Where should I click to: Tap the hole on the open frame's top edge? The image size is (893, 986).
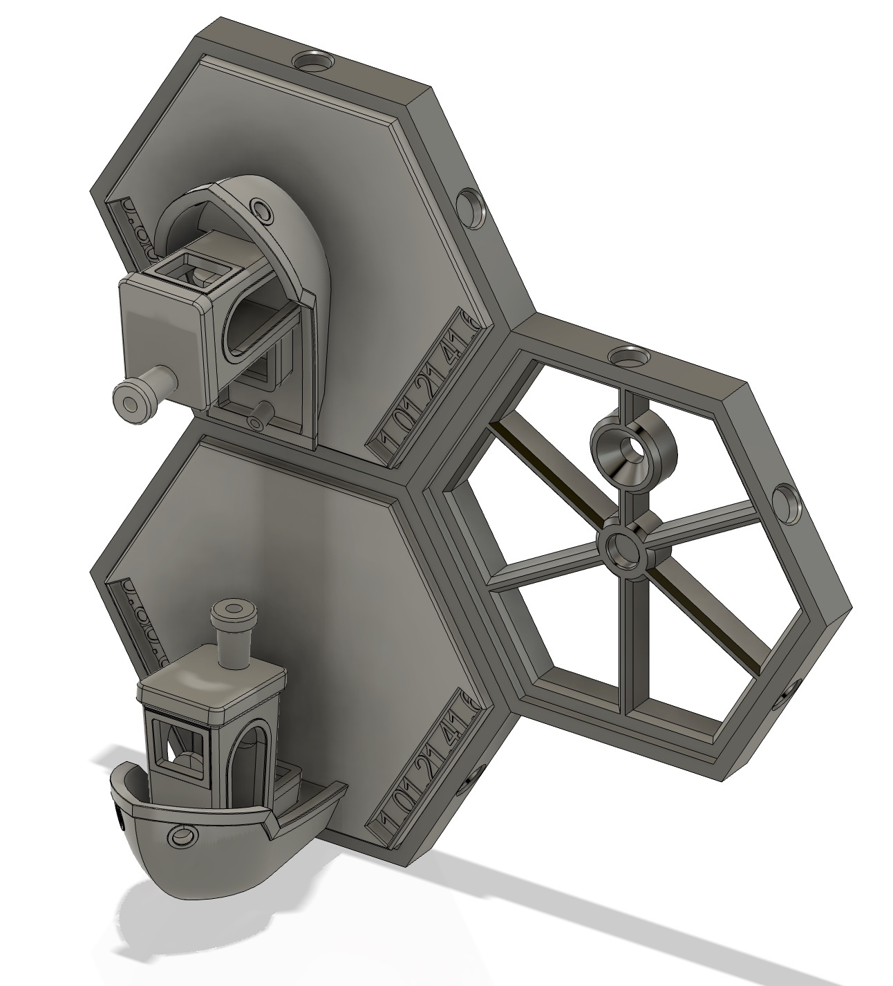(x=627, y=357)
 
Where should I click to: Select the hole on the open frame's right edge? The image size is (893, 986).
(x=787, y=499)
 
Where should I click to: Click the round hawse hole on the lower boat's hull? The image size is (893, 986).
(x=182, y=837)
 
